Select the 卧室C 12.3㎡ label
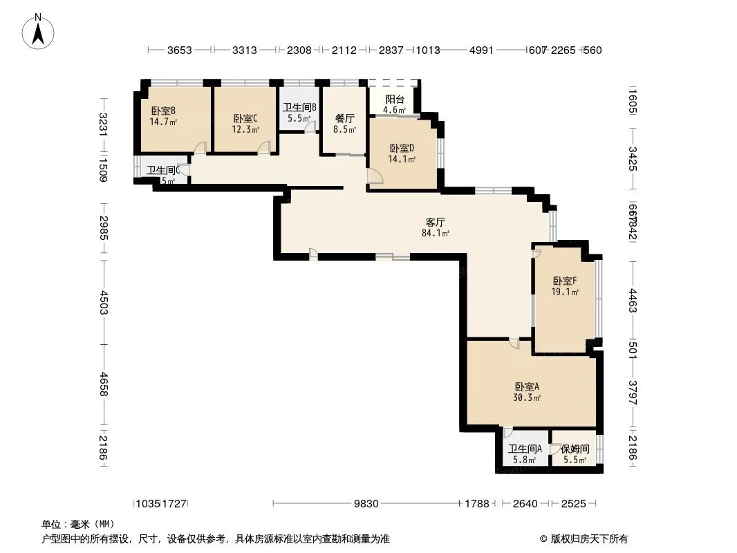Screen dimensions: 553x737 click(x=245, y=124)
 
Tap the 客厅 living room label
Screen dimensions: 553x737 click(x=435, y=223)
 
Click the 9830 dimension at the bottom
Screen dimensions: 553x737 click(x=366, y=503)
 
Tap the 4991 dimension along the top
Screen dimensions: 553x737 click(x=481, y=50)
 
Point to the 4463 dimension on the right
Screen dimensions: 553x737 click(x=633, y=302)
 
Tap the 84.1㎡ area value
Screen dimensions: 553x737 click(x=436, y=234)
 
